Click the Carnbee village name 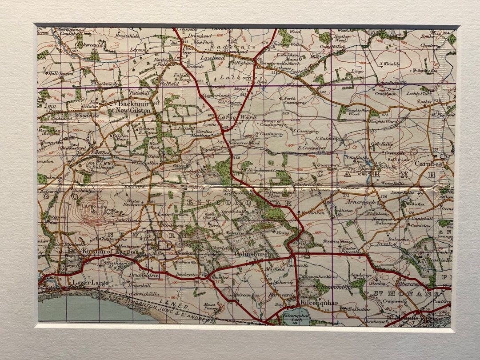[428, 163]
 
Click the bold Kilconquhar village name [319, 303]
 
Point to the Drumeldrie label [144, 276]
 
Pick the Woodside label [87, 115]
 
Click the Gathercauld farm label [88, 44]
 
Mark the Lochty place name [424, 102]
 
